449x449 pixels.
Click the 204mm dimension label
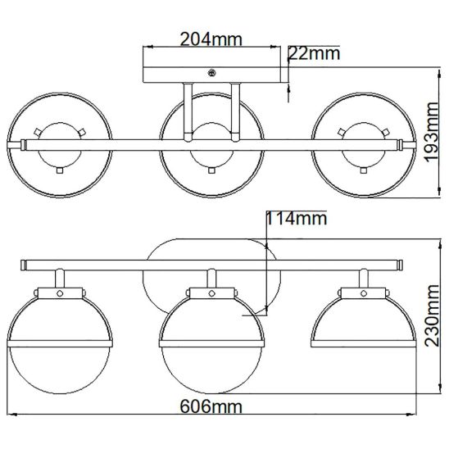[x=211, y=39]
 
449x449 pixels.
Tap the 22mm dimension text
[x=314, y=53]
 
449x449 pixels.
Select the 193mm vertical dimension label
[x=432, y=131]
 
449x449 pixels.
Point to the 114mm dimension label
[x=297, y=219]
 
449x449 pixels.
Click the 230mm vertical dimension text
[x=432, y=315]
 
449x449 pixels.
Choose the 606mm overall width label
[x=211, y=406]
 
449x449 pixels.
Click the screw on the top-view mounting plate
[x=211, y=73]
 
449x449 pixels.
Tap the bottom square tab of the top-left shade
[x=60, y=170]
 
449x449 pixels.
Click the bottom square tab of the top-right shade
[x=364, y=170]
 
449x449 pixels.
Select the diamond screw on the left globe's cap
[x=60, y=293]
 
